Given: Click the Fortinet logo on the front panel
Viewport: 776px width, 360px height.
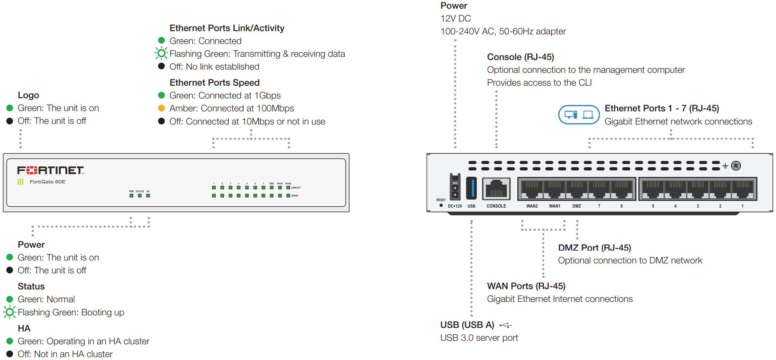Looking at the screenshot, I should click(x=50, y=170).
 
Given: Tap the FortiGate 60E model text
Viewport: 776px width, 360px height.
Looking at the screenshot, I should click(x=47, y=182).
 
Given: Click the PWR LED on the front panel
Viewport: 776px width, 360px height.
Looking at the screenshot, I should click(x=131, y=196).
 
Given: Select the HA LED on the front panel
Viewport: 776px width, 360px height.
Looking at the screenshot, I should click(x=148, y=196).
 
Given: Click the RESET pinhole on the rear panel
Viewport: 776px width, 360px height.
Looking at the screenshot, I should click(x=441, y=205).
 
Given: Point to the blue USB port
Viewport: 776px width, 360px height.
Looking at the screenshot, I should click(x=471, y=188).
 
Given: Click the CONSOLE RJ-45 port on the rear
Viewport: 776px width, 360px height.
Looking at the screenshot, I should click(x=496, y=189).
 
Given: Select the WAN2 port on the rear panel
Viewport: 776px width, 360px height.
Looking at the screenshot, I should click(x=532, y=190).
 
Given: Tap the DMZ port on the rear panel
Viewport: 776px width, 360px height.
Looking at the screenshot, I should click(x=577, y=190).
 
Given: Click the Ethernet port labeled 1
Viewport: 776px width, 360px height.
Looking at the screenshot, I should click(x=742, y=190).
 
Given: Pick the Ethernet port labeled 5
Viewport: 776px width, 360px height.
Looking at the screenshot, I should click(x=653, y=190).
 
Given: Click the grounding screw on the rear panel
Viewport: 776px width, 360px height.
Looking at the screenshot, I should click(x=736, y=166).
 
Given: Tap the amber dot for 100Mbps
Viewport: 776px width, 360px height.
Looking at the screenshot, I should click(x=161, y=108).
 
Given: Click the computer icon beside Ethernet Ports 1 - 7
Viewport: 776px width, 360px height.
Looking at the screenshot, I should click(x=579, y=115).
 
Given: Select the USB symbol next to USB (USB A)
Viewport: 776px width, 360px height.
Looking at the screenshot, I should click(x=505, y=325).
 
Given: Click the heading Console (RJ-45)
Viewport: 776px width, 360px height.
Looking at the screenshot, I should click(x=520, y=57).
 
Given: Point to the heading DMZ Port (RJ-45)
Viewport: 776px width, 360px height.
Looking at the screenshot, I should click(x=594, y=248).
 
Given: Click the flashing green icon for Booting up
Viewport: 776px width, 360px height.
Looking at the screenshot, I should click(x=10, y=312).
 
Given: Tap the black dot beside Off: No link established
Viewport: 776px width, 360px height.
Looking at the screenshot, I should click(x=161, y=66).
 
